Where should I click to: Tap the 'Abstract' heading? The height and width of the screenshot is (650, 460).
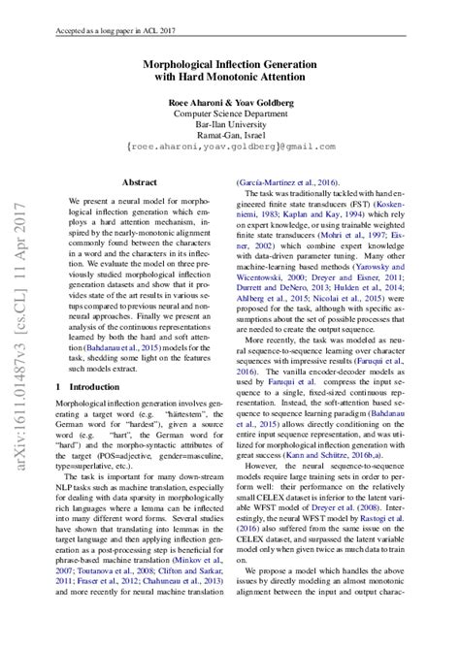point(140,181)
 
